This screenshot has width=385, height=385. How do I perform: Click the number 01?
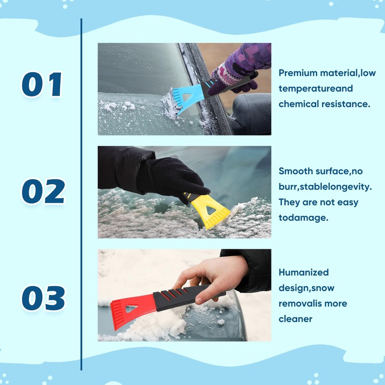point(42,84)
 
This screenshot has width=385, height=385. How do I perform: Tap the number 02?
point(43,191)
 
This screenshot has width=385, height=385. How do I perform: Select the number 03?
point(43,298)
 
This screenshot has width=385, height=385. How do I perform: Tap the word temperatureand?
point(316,89)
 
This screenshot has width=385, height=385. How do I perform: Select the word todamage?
point(303,218)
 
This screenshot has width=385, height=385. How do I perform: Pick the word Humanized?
point(304,272)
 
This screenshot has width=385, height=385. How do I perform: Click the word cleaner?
point(295,319)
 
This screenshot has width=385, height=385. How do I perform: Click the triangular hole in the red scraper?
point(131,308)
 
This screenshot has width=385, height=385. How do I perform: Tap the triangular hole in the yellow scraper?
point(211,210)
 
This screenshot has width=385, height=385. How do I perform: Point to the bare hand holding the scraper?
point(211,278)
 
